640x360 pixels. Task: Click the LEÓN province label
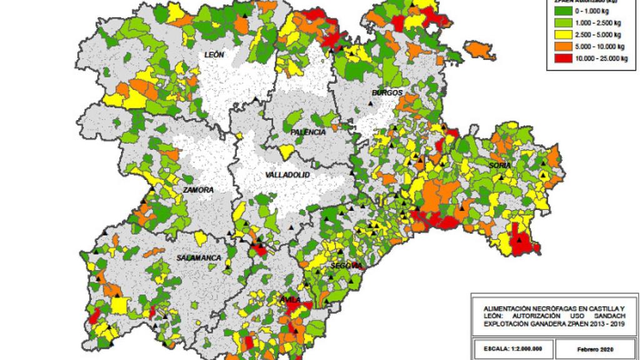click(214, 55)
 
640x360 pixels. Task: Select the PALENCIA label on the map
click(307, 133)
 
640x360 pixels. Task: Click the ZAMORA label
click(198, 189)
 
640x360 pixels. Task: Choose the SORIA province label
click(500, 165)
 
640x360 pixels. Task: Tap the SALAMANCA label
click(199, 257)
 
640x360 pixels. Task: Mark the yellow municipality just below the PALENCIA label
click(287, 152)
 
